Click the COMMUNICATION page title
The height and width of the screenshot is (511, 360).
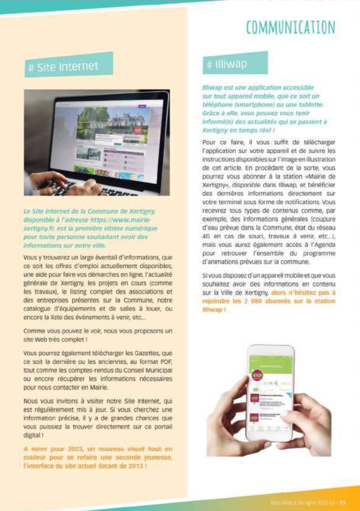[290, 27]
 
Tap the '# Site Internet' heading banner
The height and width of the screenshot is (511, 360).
[69, 67]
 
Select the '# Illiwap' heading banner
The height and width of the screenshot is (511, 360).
[235, 63]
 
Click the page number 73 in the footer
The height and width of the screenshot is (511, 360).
[343, 502]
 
